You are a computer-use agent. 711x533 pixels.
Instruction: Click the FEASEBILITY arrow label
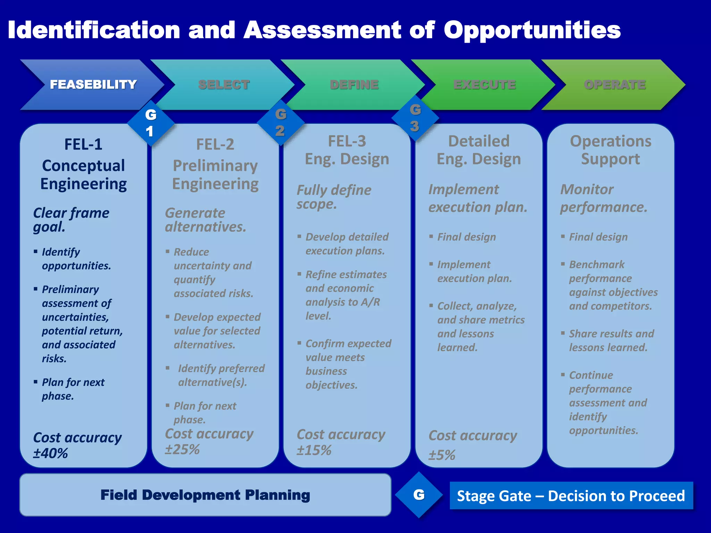[93, 84]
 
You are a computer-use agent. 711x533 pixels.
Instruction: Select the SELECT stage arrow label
[224, 84]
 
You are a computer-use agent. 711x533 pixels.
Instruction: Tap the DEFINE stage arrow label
[354, 84]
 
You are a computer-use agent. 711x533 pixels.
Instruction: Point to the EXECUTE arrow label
[485, 84]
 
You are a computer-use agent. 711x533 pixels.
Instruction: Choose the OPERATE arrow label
[615, 84]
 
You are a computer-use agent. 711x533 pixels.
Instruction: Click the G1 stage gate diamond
[150, 123]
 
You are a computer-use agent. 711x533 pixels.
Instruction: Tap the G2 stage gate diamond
[281, 122]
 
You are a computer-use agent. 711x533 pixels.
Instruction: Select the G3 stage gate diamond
[415, 118]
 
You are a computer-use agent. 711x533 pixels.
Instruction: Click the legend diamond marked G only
[419, 495]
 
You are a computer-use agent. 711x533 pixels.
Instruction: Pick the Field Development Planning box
[205, 495]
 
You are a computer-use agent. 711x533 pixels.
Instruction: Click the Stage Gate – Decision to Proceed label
[571, 496]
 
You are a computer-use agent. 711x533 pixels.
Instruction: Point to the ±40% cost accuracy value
[51, 453]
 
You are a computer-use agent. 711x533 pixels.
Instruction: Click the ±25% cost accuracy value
[182, 449]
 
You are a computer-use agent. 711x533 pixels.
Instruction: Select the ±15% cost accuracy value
[314, 450]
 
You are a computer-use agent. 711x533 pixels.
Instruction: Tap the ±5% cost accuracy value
[442, 455]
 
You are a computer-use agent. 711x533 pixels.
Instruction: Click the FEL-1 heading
[83, 144]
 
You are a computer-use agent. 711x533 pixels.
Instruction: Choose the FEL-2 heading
[215, 144]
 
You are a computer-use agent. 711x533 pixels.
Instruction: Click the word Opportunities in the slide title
[532, 31]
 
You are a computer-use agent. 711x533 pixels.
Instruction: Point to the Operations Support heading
[611, 150]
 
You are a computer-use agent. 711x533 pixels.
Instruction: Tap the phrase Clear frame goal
[71, 220]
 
